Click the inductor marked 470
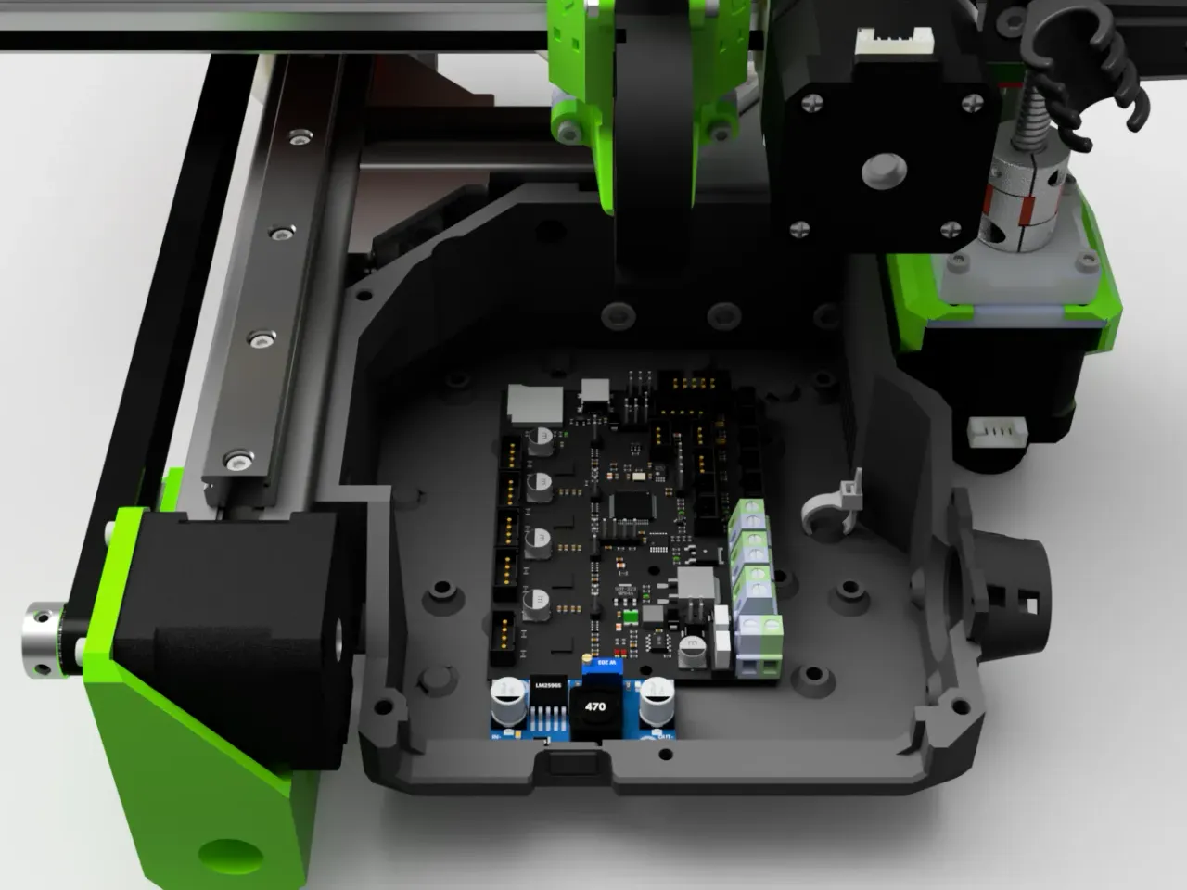pos(595,707)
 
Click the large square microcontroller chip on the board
pos(630,505)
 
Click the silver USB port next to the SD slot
pos(594,393)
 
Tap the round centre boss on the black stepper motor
pos(883,171)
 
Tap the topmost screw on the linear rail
pos(299,139)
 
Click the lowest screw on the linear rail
pos(240,459)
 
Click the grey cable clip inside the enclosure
pos(830,505)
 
